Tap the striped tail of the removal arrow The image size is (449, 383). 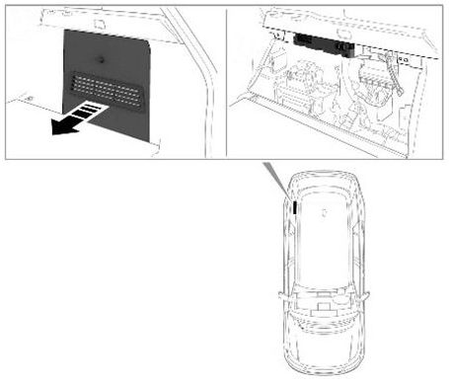point(89,113)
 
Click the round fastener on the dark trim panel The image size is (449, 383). point(105,53)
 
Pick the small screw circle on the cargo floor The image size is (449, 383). point(30,100)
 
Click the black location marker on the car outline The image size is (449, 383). point(293,207)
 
